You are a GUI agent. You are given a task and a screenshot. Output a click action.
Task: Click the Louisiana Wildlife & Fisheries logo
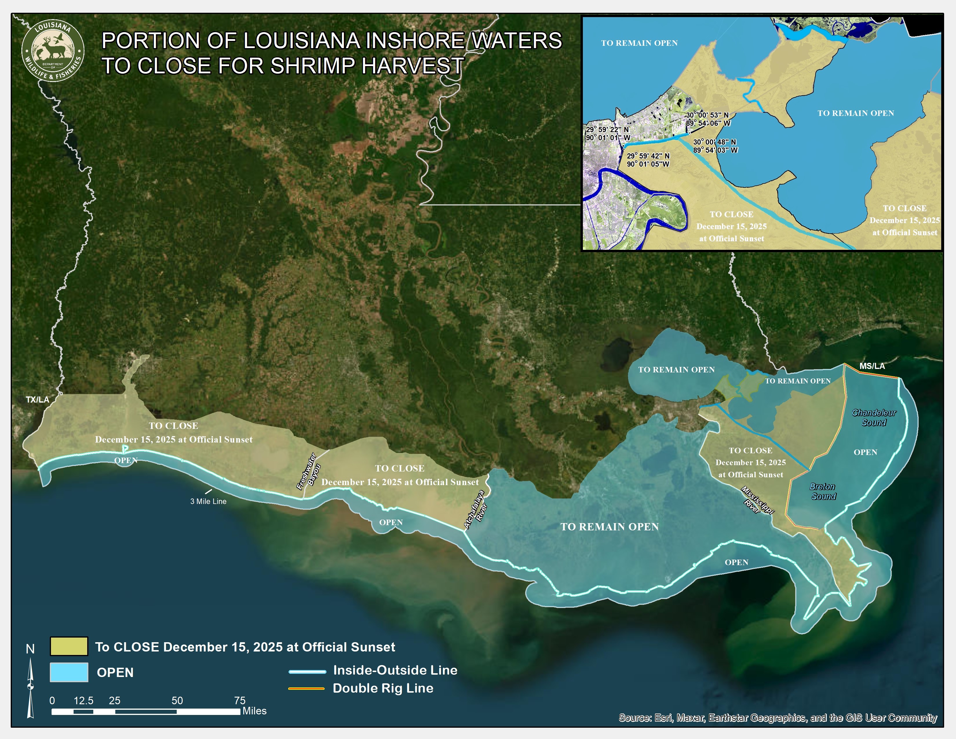click(52, 51)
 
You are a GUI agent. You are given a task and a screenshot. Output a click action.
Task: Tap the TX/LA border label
click(37, 399)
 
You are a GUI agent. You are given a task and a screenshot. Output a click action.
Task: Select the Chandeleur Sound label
click(874, 417)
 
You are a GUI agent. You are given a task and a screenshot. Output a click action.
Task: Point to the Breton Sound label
click(823, 491)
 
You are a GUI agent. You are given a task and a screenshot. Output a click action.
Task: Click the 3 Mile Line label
click(208, 501)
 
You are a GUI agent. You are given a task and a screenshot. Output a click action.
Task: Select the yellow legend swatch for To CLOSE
click(69, 646)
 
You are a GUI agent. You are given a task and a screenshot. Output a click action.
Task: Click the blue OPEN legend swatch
click(69, 672)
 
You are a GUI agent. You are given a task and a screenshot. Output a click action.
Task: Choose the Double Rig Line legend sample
click(306, 689)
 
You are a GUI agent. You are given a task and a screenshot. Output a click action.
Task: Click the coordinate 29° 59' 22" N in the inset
click(607, 130)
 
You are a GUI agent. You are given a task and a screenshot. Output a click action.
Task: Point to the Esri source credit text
click(778, 718)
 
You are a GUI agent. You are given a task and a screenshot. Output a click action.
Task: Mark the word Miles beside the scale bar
click(254, 711)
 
